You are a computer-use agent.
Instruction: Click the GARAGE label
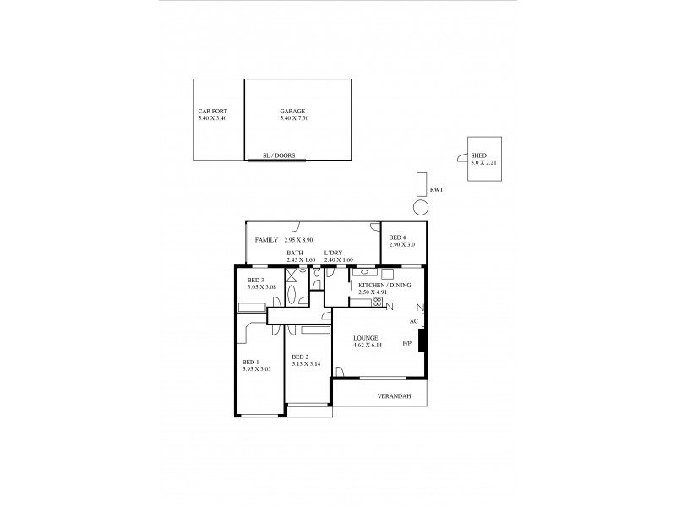click(292, 111)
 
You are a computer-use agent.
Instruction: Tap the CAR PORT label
click(212, 111)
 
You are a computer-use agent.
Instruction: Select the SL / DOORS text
click(279, 155)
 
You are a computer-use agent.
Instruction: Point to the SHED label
click(478, 155)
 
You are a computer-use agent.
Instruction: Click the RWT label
click(436, 190)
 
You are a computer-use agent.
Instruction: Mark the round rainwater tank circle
click(421, 206)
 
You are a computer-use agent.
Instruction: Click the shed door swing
click(461, 156)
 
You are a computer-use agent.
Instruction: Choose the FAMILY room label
click(267, 241)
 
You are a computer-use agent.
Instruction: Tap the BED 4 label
click(397, 237)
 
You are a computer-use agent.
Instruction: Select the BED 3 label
click(256, 281)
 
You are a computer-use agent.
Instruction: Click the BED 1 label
click(251, 362)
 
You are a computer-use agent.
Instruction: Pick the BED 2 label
click(300, 357)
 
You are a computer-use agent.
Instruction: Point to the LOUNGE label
click(366, 338)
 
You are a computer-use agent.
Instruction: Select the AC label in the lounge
click(413, 321)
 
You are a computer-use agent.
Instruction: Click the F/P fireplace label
click(406, 342)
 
